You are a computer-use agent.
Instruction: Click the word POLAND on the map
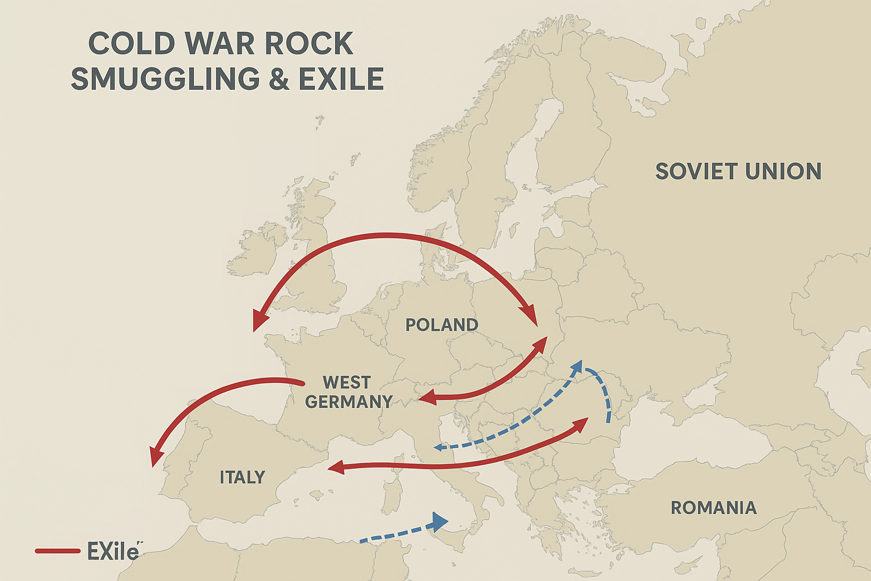(442, 325)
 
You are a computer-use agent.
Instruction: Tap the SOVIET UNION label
(738, 171)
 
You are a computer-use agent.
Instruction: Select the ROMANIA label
(713, 507)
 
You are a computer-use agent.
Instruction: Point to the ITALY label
(242, 477)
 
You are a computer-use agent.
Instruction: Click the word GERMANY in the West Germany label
(348, 402)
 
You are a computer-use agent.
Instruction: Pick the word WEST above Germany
(346, 382)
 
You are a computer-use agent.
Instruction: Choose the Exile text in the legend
(112, 551)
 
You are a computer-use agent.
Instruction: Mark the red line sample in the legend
(57, 551)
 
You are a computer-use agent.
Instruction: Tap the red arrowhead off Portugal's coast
(154, 457)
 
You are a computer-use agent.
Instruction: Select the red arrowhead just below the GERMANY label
(427, 398)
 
